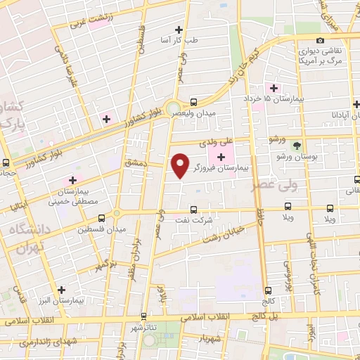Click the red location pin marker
[181, 165]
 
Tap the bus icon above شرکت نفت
[195, 209]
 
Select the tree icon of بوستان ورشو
[297, 146]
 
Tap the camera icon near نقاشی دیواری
[321, 40]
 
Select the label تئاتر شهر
[143, 328]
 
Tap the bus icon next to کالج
[269, 290]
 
